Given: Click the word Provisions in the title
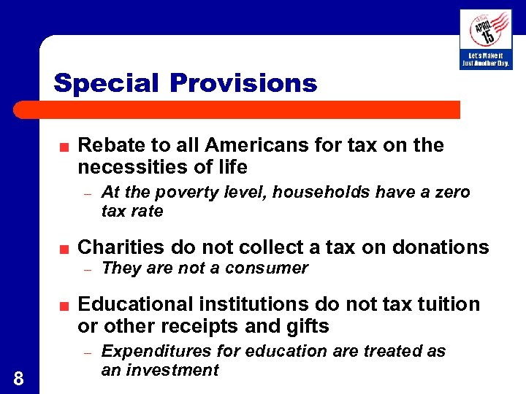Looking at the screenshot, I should (x=243, y=83).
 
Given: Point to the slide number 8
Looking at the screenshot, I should (x=18, y=378).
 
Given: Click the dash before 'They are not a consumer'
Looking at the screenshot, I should (x=86, y=269).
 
